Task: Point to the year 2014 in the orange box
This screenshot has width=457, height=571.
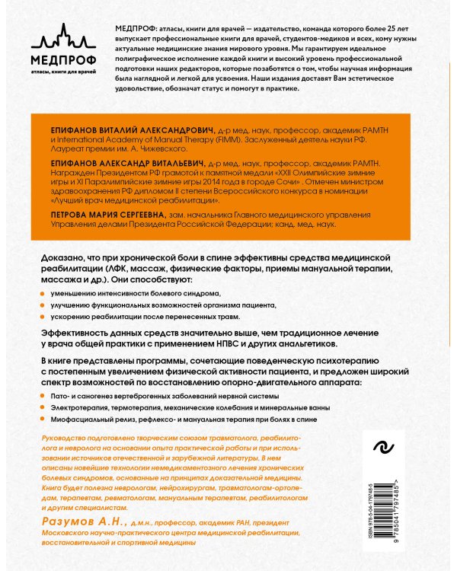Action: point(209,183)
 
